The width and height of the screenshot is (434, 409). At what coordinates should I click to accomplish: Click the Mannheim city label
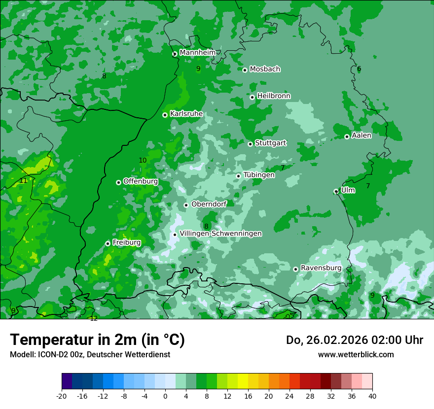[197, 53]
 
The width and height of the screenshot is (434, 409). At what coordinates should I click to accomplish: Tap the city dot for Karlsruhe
[165, 115]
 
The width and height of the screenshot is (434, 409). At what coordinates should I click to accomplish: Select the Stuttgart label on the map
[270, 143]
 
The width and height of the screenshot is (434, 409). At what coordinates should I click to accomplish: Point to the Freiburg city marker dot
[108, 243]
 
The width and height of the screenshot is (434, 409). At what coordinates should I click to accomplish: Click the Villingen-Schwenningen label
[221, 234]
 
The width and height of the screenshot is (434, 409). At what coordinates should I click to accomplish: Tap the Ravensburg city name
[321, 268]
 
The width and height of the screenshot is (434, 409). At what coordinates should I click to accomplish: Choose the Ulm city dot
[336, 191]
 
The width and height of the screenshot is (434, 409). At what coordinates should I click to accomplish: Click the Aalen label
[362, 136]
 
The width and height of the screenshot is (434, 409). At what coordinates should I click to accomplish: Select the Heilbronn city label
[274, 96]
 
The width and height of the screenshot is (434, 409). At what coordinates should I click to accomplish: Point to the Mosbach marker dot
[245, 70]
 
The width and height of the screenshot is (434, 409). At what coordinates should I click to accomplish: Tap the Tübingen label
[259, 175]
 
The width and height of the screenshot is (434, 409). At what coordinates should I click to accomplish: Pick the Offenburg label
[141, 181]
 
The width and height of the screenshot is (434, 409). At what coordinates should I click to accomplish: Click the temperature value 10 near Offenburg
[143, 160]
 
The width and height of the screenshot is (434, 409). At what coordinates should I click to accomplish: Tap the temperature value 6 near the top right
[359, 69]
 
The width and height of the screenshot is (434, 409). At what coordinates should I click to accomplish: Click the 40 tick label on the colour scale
[372, 396]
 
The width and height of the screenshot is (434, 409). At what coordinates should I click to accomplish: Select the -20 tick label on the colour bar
[61, 396]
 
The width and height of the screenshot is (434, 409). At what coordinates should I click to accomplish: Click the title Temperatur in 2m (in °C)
[97, 340]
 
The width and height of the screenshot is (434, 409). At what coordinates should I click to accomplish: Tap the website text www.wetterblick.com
[356, 355]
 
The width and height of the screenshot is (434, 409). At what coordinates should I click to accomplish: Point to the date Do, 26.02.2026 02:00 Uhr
[355, 340]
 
